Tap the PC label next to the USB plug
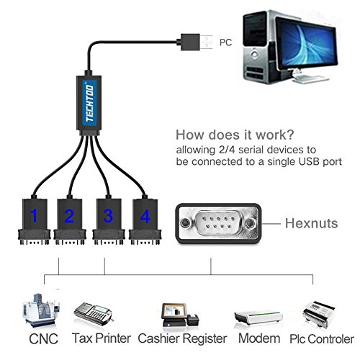click(x=225, y=42)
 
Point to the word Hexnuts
click(x=311, y=223)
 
